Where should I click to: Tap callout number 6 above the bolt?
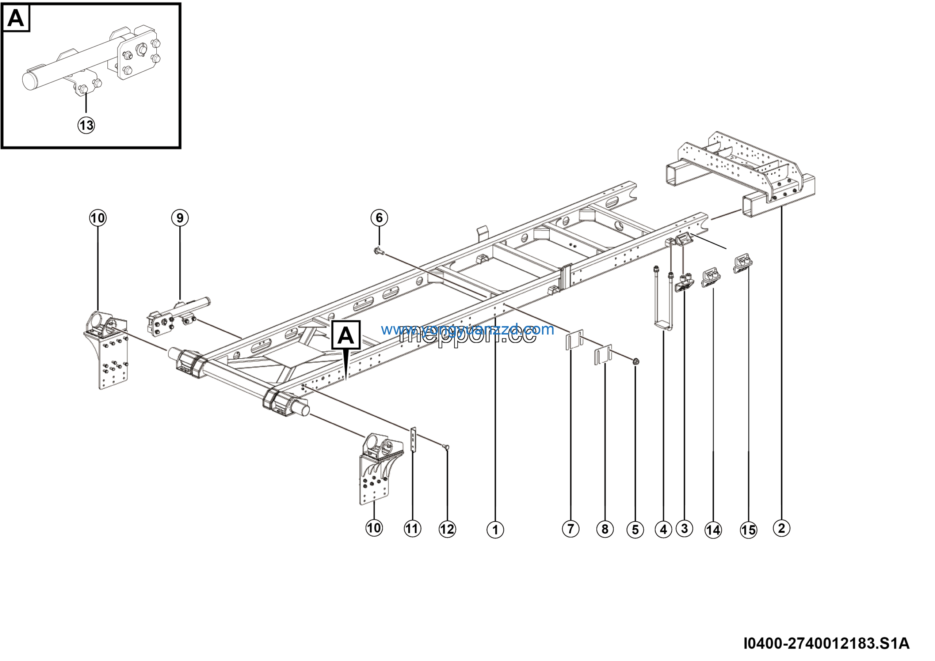379,218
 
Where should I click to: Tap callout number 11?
412,529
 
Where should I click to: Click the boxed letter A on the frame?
346,335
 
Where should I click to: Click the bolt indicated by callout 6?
378,252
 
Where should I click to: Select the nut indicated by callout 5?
637,361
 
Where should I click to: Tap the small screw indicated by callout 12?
446,447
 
